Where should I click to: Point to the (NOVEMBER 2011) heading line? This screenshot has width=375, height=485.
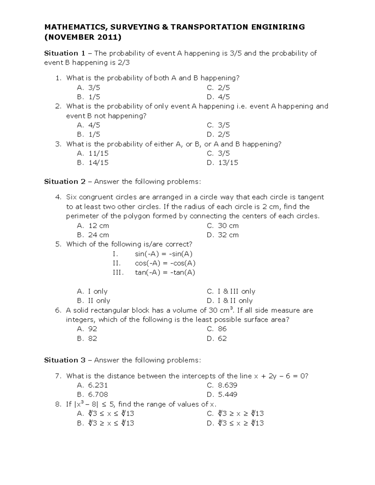click(x=83, y=37)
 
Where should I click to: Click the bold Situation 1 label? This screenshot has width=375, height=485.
click(x=65, y=53)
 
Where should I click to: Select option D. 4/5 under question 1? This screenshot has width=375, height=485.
click(x=218, y=97)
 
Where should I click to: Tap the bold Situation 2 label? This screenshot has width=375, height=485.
click(x=65, y=182)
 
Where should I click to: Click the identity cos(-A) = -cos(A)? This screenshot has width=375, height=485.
click(x=165, y=263)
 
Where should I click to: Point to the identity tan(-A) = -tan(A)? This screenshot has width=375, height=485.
click(x=165, y=273)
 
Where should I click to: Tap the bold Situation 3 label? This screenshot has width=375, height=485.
click(x=65, y=360)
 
